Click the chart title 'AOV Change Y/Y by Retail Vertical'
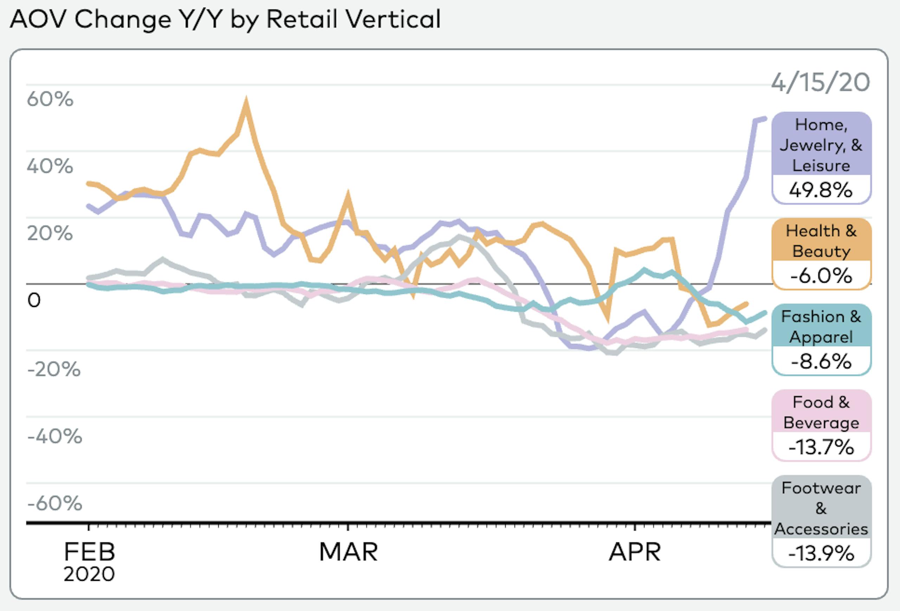[225, 19]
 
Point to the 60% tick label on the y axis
[50, 99]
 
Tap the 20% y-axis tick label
[50, 233]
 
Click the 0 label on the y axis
[34, 301]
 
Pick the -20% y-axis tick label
[54, 369]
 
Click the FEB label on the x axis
[89, 551]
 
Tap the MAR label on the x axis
[348, 551]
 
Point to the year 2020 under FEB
[89, 574]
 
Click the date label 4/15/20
[821, 83]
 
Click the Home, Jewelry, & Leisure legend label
[821, 145]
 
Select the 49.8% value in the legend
[821, 190]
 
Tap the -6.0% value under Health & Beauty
[821, 276]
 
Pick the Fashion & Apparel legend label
[821, 326]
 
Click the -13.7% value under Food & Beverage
[821, 447]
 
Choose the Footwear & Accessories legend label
[821, 508]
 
